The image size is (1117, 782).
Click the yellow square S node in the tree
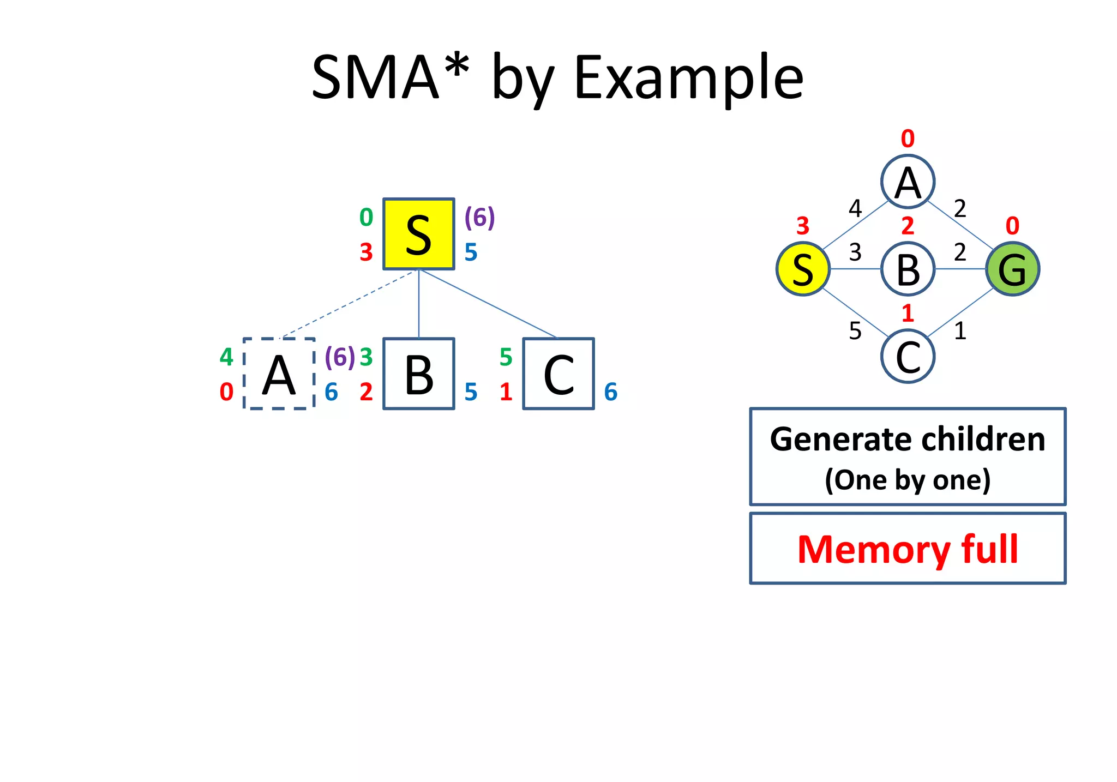coord(418,234)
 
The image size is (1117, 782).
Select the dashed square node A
coord(279,374)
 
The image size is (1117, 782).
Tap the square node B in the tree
coord(418,374)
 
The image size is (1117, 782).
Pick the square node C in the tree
coord(558,374)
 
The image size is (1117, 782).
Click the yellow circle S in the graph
coord(803,269)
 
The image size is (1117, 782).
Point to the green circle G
coord(1012,269)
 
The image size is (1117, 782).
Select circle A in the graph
coord(908,182)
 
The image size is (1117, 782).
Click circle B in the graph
coord(908,269)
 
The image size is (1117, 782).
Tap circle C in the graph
coord(908,357)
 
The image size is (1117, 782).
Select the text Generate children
coord(908,439)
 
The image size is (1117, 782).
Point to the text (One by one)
coord(908,480)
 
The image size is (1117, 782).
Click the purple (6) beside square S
coord(479,217)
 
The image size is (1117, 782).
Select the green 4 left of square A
coord(226,357)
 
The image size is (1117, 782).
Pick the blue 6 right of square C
coord(611,392)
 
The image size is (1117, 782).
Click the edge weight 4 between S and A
coord(855,208)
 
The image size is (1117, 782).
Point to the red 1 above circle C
coord(908,313)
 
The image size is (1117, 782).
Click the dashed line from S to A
coord(349,303)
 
